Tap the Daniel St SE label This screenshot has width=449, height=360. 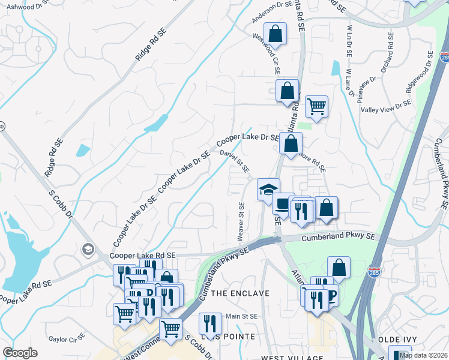point(234,162)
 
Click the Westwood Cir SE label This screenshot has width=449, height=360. point(267,49)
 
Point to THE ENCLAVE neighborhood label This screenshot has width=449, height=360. point(240,293)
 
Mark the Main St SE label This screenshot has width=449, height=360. point(241,316)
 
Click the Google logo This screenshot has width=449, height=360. point(20,353)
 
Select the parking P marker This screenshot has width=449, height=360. point(330,295)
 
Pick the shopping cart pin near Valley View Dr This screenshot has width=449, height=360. point(316,107)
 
